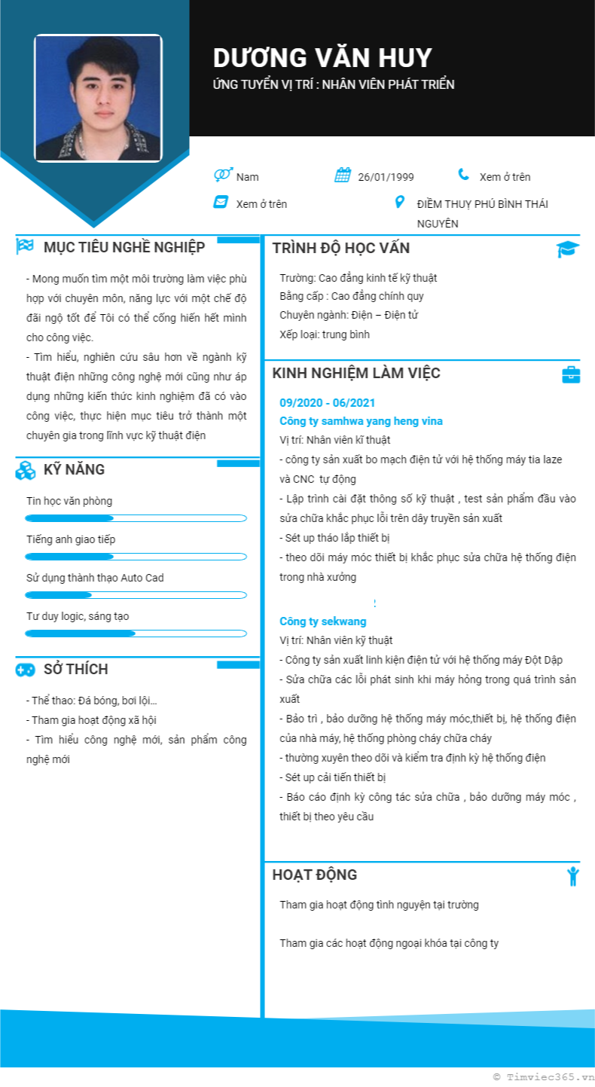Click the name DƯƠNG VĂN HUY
(x=322, y=58)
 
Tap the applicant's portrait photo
(x=98, y=98)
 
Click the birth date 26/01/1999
(x=386, y=177)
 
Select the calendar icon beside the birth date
(x=343, y=176)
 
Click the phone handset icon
(x=463, y=175)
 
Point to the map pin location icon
(x=400, y=203)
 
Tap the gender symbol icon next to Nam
(x=222, y=176)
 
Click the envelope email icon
(x=221, y=202)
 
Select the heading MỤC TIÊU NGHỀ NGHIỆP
(x=124, y=247)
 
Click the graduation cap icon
(x=568, y=249)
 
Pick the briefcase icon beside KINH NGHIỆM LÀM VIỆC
(x=571, y=374)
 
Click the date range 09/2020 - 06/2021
(x=327, y=403)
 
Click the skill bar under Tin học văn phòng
(x=136, y=518)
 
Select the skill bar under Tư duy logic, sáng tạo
(x=136, y=634)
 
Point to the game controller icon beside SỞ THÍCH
(x=25, y=669)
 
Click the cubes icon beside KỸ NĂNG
(x=25, y=470)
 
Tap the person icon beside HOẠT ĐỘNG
(x=572, y=876)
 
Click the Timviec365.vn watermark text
(x=543, y=1078)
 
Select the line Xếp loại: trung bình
(x=325, y=334)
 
